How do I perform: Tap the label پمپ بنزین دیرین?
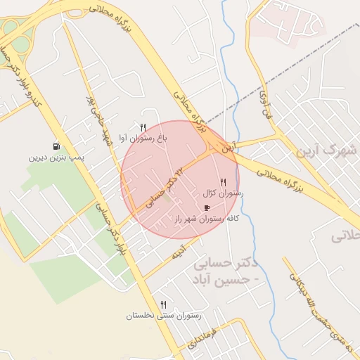[56, 157]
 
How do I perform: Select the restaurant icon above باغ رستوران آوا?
[143, 127]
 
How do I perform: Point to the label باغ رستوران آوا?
[143, 139]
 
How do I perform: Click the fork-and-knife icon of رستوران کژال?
[224, 181]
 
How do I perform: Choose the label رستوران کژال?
[223, 193]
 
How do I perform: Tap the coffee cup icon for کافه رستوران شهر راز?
[207, 207]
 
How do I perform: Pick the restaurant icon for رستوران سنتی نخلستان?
[164, 304]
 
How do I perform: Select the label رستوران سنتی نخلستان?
[164, 316]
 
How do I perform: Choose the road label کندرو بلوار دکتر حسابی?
[20, 77]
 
